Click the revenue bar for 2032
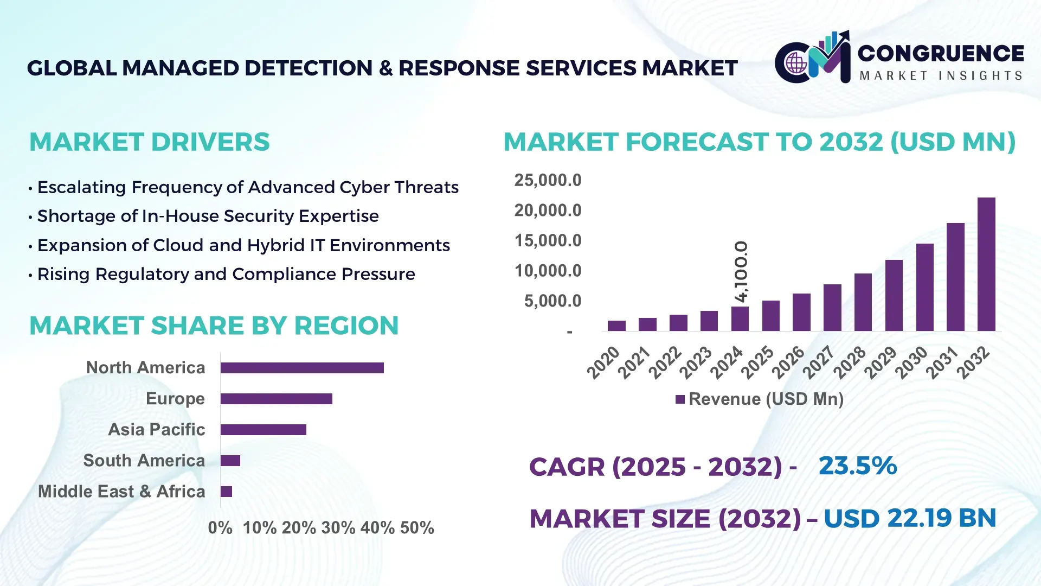(x=986, y=264)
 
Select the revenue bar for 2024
(x=740, y=319)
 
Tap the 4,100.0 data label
(x=741, y=271)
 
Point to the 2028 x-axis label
(x=850, y=362)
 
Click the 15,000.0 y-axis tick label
(x=548, y=240)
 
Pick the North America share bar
(x=302, y=368)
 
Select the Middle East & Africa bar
(x=226, y=492)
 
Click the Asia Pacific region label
(x=156, y=429)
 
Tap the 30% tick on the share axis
(x=338, y=527)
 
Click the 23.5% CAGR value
(x=857, y=466)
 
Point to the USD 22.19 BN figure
(x=910, y=518)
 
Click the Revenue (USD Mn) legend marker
(x=680, y=399)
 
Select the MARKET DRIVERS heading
(x=149, y=142)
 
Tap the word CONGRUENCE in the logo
(x=941, y=53)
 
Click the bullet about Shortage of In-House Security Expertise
(x=208, y=216)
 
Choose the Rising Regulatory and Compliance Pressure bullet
(x=226, y=274)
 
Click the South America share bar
(x=230, y=461)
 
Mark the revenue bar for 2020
(x=616, y=326)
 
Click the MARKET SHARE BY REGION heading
(x=214, y=326)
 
